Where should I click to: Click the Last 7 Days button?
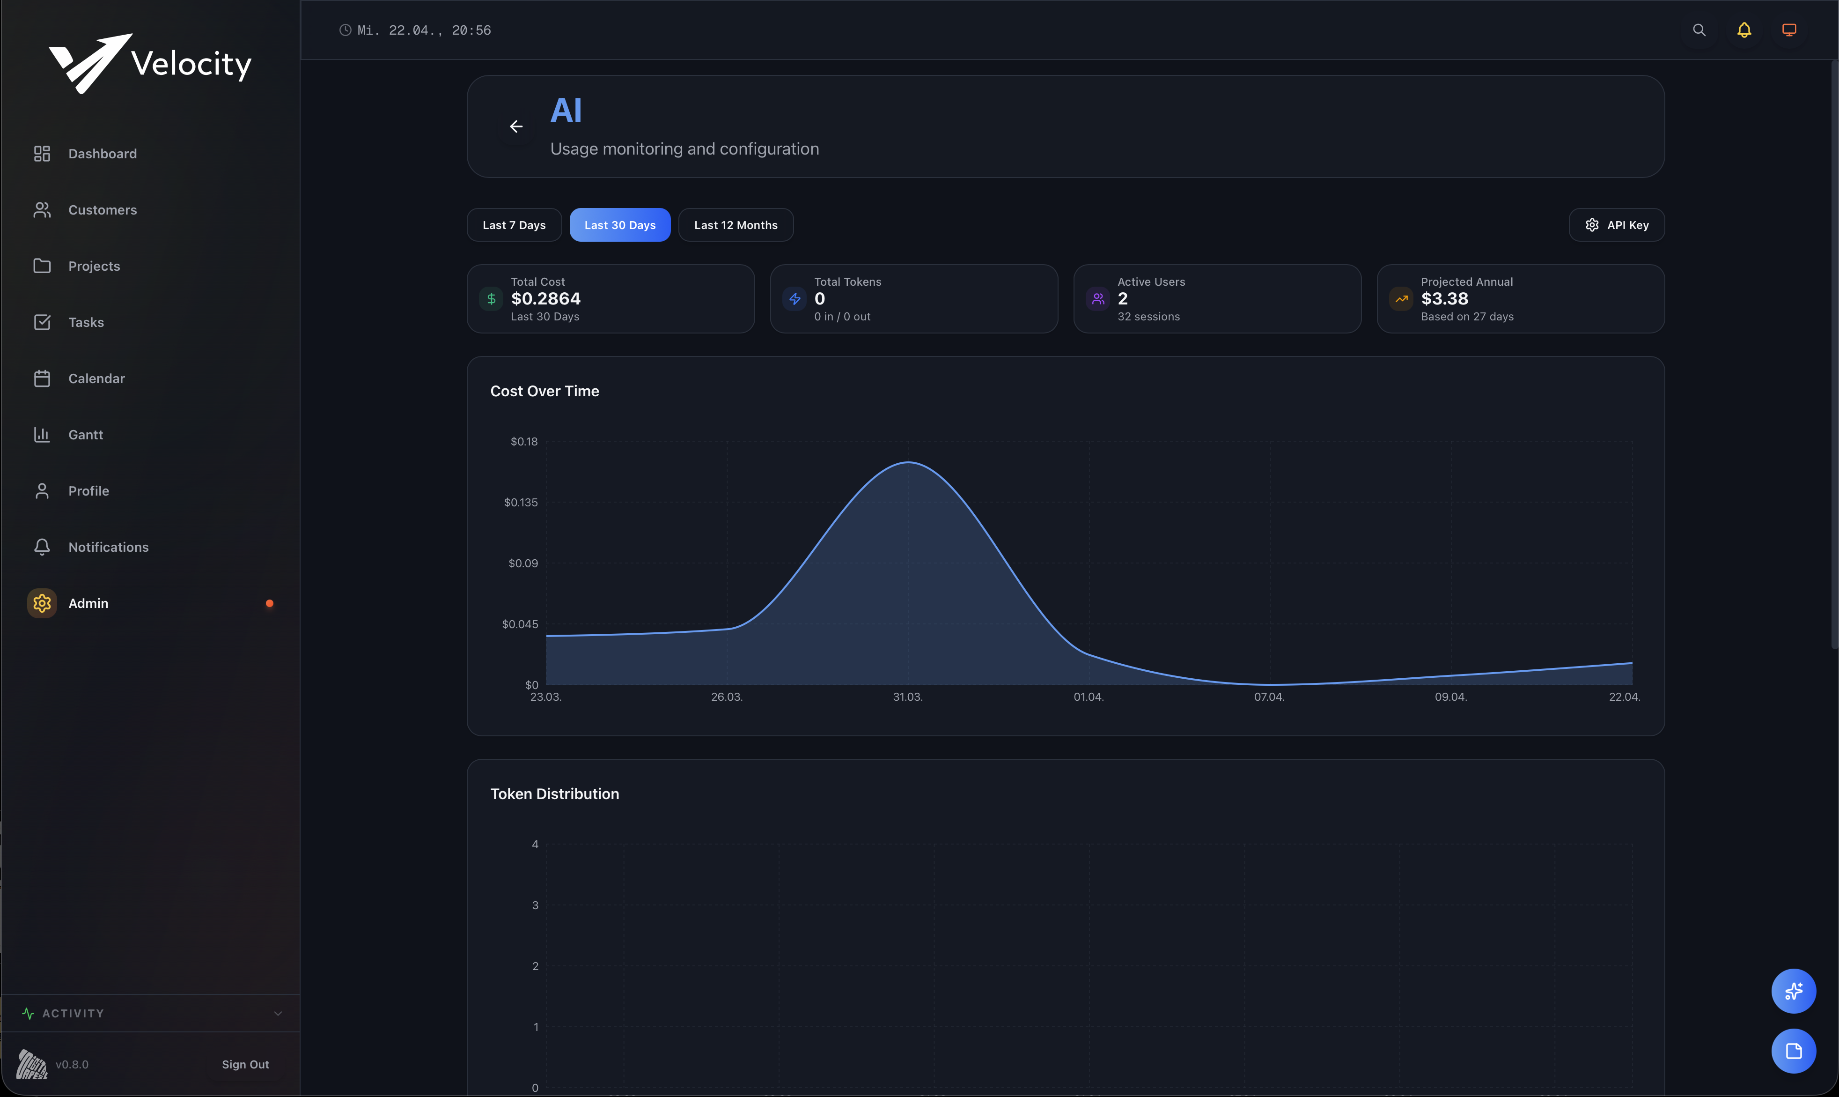tap(514, 225)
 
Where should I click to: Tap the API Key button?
tap(1617, 225)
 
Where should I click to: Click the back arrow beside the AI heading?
tap(516, 126)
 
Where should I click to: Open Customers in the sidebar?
tap(102, 210)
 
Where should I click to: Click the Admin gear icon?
tap(42, 603)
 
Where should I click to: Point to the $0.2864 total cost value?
tap(545, 299)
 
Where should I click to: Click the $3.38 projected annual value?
tap(1444, 299)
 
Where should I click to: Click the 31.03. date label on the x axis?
tap(907, 697)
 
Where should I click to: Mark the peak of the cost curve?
tap(908, 463)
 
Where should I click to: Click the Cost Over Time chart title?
tap(544, 391)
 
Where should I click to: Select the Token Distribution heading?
tap(554, 794)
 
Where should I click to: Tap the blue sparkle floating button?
tap(1793, 991)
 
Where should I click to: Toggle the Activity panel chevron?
tap(278, 1014)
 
